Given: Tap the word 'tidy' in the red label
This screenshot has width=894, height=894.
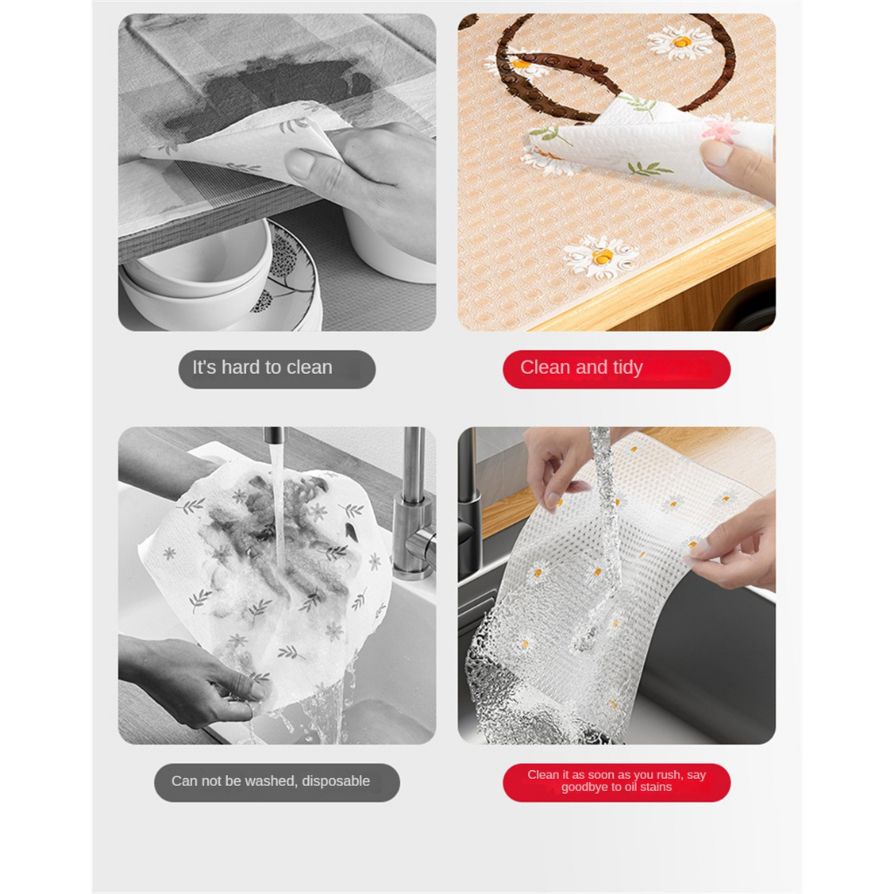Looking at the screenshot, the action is tap(628, 368).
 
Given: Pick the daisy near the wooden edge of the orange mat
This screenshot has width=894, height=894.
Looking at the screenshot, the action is tap(602, 258).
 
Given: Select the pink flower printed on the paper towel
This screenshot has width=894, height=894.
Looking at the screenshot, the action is tap(722, 129).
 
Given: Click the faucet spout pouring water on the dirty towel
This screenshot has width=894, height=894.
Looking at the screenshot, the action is tap(274, 437).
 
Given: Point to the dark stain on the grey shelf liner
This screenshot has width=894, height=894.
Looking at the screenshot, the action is tap(268, 91).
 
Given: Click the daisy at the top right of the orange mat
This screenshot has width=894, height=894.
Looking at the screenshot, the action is tap(680, 42).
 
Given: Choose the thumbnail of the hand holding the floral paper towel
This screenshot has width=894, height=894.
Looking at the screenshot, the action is tap(718, 153).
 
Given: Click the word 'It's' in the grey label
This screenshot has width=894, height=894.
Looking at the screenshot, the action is tap(204, 368).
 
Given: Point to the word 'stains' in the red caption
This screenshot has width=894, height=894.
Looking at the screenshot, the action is tap(656, 787).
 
